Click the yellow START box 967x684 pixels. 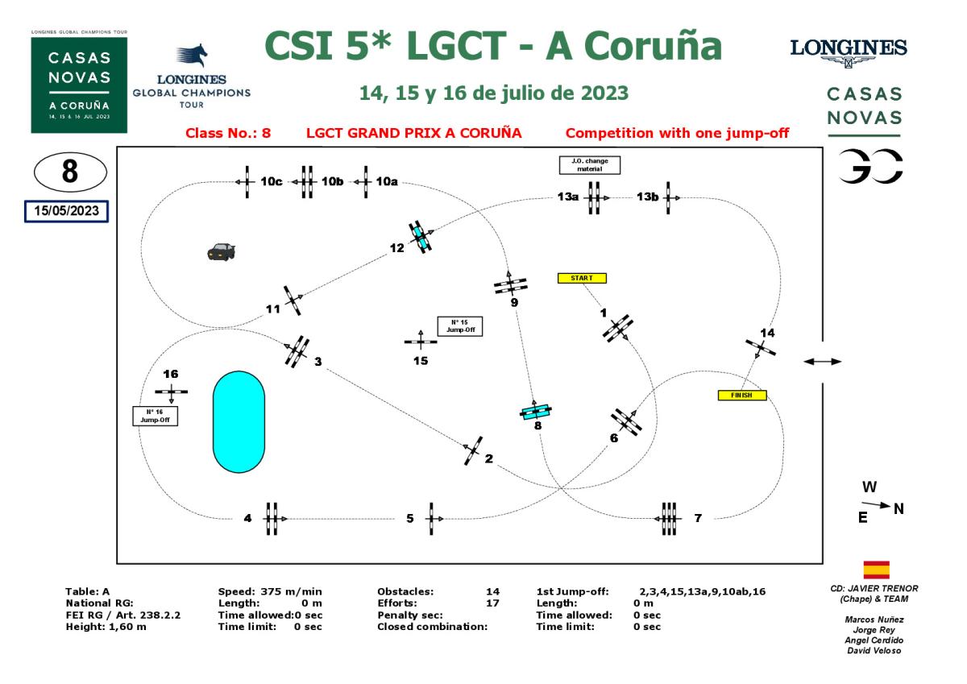(582, 278)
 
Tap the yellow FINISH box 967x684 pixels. (741, 396)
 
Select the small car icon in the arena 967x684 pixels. (221, 251)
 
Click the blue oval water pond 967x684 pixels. (238, 421)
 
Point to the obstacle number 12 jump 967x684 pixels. (420, 236)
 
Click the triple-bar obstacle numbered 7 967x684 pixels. (669, 518)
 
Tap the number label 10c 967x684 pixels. (272, 182)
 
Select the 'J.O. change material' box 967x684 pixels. (590, 165)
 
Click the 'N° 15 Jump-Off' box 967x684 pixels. (459, 326)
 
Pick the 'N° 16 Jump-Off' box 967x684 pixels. (155, 416)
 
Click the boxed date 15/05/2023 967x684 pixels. (67, 211)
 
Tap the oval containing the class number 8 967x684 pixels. (70, 172)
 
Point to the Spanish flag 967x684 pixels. (876, 570)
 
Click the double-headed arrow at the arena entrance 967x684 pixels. (823, 362)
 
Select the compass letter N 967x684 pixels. (899, 508)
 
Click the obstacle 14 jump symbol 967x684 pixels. (761, 348)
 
